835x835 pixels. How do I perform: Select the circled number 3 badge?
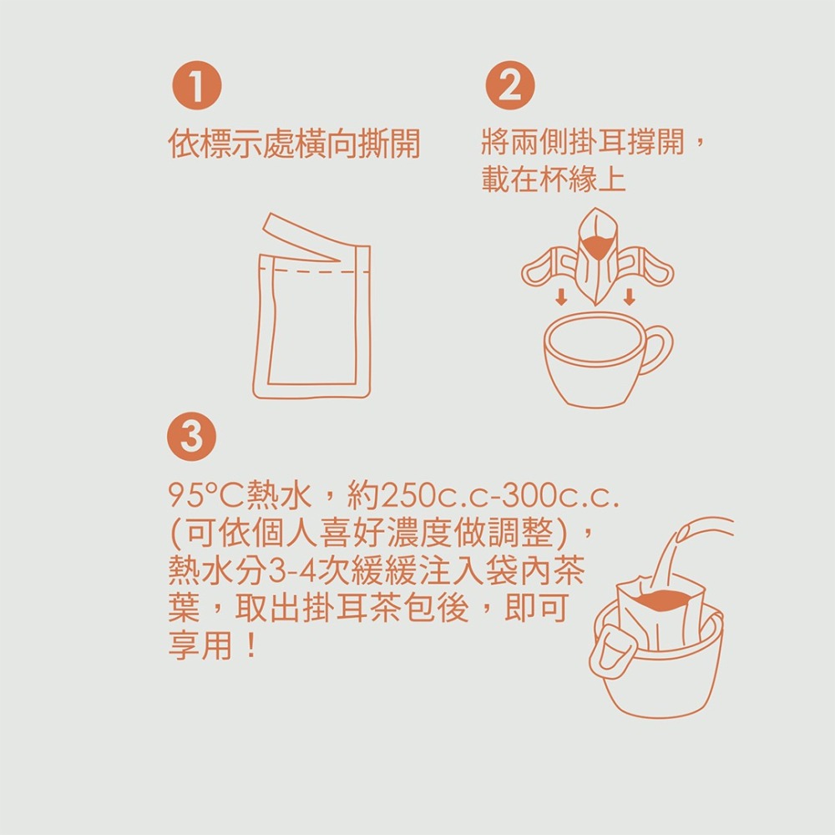point(192,437)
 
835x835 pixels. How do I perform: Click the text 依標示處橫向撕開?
point(293,144)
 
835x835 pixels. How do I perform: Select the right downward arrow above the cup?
point(629,296)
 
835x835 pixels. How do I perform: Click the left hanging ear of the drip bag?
point(547,267)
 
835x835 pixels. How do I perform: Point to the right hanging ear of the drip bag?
point(647,267)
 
